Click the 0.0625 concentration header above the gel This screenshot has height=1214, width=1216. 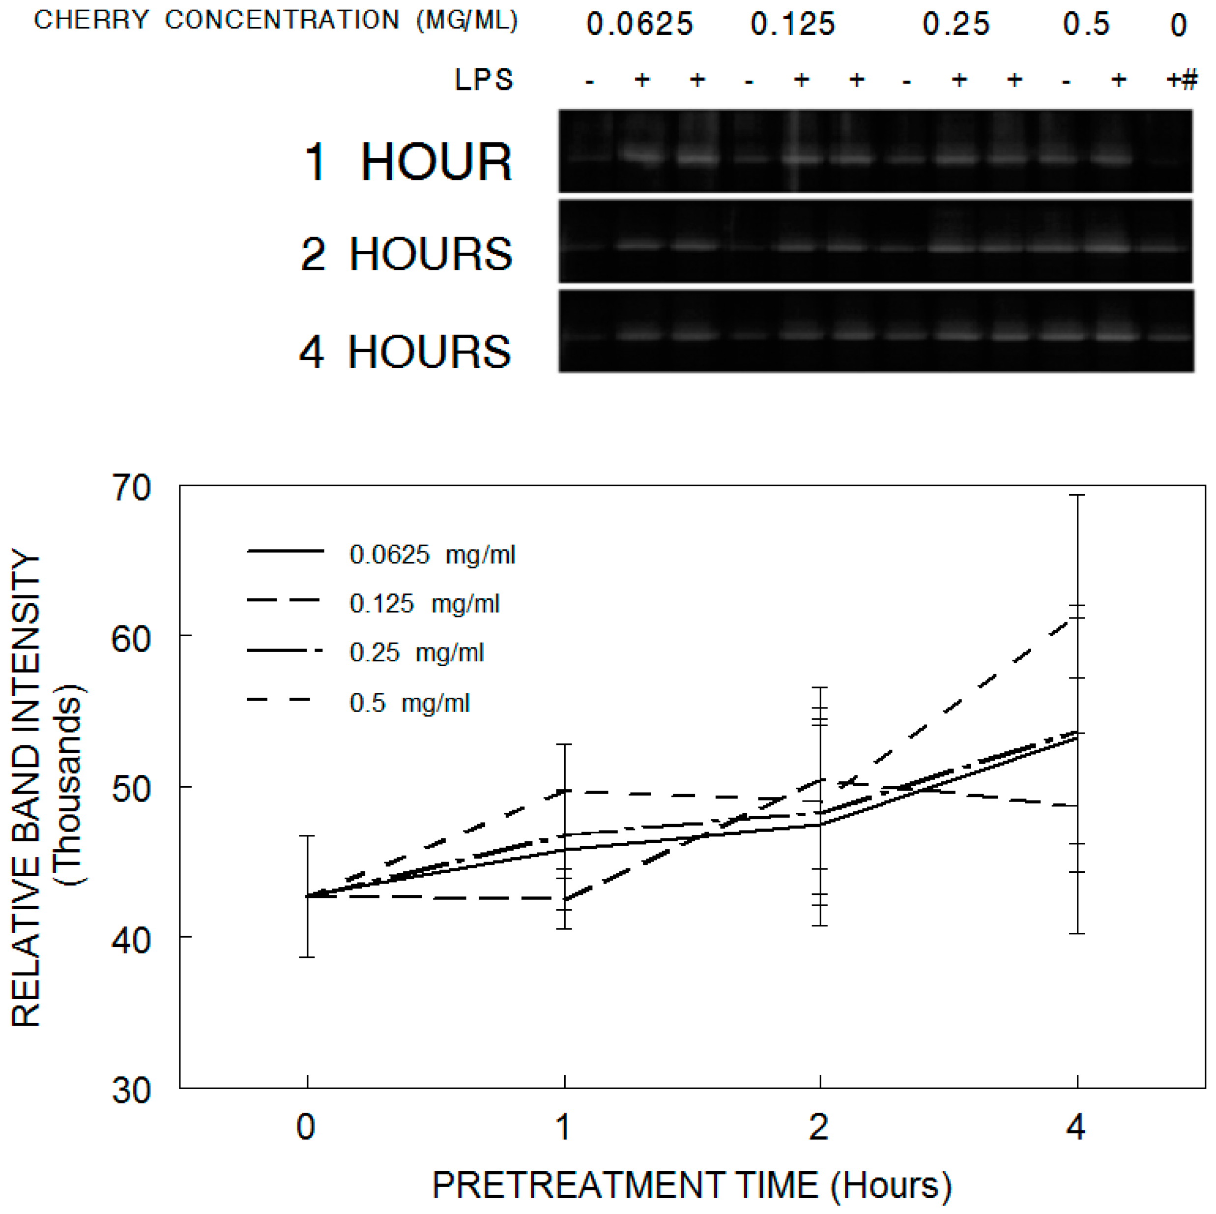[x=639, y=25]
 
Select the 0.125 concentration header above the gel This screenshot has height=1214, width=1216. [x=792, y=25]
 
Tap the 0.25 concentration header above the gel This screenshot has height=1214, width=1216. [x=955, y=25]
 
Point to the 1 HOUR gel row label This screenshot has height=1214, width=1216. [x=408, y=162]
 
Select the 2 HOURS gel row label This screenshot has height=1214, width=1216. [x=406, y=254]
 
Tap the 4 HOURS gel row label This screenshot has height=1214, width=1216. [x=405, y=352]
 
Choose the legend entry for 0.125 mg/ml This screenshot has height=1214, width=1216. [x=424, y=604]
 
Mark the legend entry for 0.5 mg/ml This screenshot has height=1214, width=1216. [x=409, y=703]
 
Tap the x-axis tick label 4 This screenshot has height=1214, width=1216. [x=1075, y=1127]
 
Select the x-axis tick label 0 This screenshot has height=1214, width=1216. [x=306, y=1127]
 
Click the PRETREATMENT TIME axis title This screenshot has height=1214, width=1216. [x=691, y=1185]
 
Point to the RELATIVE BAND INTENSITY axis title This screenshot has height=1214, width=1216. [x=27, y=787]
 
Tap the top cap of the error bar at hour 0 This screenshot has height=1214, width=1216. [x=307, y=836]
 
